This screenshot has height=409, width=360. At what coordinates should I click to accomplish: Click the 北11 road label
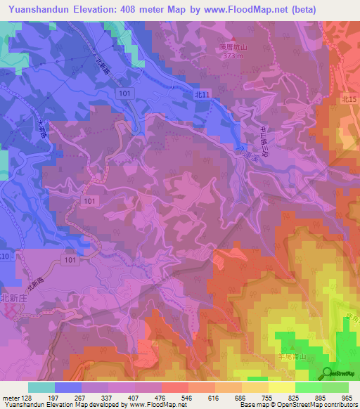click(x=202, y=94)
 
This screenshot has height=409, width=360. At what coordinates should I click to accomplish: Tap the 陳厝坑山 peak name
click(x=229, y=48)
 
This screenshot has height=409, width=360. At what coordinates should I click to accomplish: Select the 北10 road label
click(x=6, y=257)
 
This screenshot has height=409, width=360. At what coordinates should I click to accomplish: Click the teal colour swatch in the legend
click(x=41, y=387)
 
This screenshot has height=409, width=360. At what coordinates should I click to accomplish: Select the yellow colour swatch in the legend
click(x=281, y=387)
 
